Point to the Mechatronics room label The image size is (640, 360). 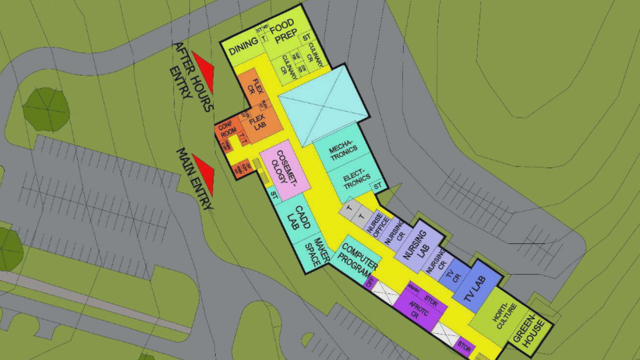[x=343, y=150]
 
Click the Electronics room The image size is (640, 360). [x=356, y=180]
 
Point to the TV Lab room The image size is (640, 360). [x=477, y=288]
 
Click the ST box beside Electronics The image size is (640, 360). [x=378, y=185]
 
